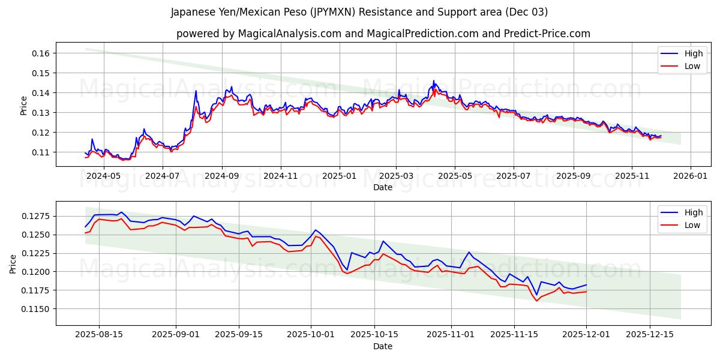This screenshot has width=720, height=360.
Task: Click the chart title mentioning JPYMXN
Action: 359,12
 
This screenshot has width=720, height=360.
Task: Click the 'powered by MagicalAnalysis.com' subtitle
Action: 383,34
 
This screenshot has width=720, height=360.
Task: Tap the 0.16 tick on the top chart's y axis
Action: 40,53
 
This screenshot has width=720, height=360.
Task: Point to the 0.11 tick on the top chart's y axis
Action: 40,152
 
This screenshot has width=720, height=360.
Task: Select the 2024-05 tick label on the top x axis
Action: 104,176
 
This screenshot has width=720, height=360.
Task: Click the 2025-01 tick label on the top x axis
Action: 340,176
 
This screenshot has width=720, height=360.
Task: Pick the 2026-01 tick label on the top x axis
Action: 690,176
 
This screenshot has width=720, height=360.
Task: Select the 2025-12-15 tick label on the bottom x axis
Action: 650,335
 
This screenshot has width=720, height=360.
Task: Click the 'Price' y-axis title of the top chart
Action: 24,106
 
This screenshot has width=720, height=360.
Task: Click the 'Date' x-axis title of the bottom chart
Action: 383,346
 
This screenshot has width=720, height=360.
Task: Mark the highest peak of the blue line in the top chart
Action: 434,80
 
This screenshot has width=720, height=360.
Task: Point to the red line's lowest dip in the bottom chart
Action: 537,301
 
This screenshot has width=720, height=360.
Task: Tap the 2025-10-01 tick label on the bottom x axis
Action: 311,335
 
